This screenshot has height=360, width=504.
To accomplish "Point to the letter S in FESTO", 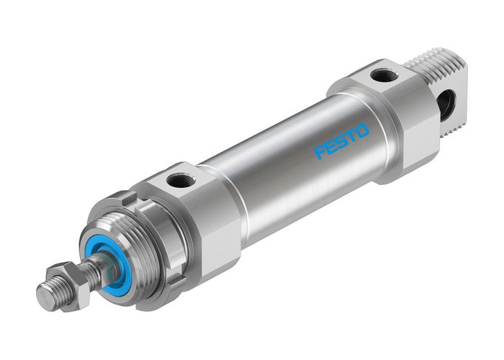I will click(341, 141).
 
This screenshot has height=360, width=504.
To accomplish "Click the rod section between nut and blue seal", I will click(94, 271).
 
